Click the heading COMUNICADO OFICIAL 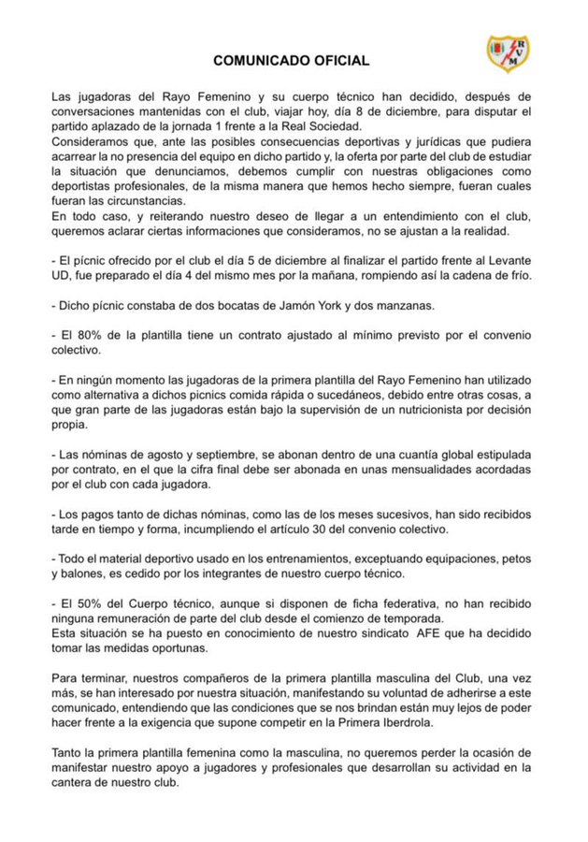[291, 61]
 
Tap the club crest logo [508, 53]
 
